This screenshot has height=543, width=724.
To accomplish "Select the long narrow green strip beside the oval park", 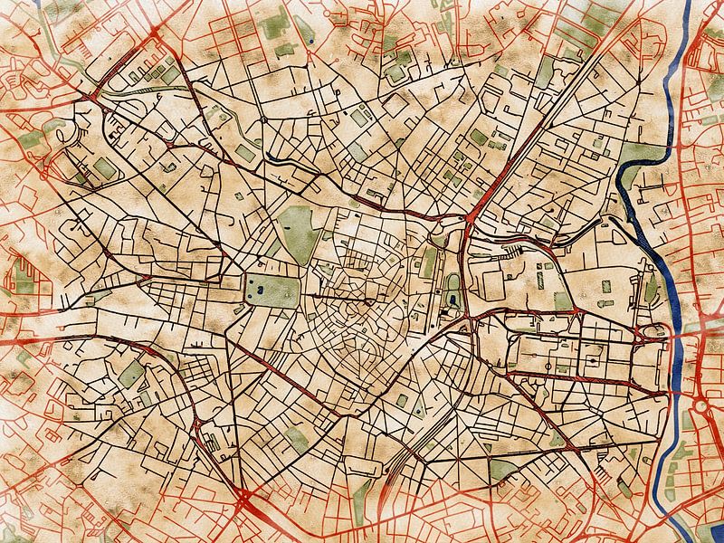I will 430,262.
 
